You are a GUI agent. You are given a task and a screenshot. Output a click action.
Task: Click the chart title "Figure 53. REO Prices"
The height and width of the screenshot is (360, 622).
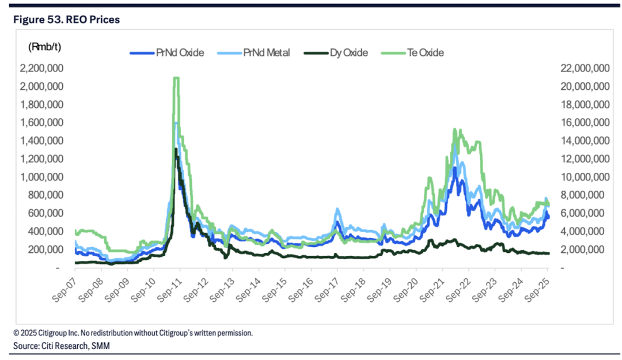(x=67, y=20)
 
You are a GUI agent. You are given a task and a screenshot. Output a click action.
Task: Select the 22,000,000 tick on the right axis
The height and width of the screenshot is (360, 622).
(x=585, y=69)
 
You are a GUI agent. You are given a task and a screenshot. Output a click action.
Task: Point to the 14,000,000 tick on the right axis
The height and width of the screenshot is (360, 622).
(x=585, y=141)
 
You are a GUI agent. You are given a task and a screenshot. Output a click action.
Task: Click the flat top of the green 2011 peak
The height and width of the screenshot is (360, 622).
(x=176, y=78)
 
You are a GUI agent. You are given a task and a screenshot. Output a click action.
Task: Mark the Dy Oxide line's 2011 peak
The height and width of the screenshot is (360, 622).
(x=176, y=149)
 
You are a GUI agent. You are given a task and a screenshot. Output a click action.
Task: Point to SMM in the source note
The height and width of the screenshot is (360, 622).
(x=101, y=345)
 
